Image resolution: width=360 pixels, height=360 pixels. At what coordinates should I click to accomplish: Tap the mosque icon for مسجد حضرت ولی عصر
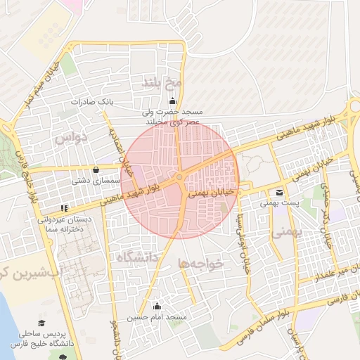pos(173,101)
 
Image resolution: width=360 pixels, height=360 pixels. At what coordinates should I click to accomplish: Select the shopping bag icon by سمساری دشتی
pos(96,169)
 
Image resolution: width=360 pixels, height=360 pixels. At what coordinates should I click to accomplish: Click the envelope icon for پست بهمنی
pos(281,192)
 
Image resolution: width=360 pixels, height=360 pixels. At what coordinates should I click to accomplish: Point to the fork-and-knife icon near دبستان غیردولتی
pos(65,208)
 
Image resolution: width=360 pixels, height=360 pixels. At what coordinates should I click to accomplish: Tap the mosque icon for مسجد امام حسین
pos(157,307)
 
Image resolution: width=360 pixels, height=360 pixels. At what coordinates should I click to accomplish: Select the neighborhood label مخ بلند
pos(162,83)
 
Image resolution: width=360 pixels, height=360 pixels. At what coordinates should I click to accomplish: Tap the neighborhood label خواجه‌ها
pos(201,263)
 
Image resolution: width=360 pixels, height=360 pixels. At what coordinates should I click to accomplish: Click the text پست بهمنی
pos(276,203)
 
